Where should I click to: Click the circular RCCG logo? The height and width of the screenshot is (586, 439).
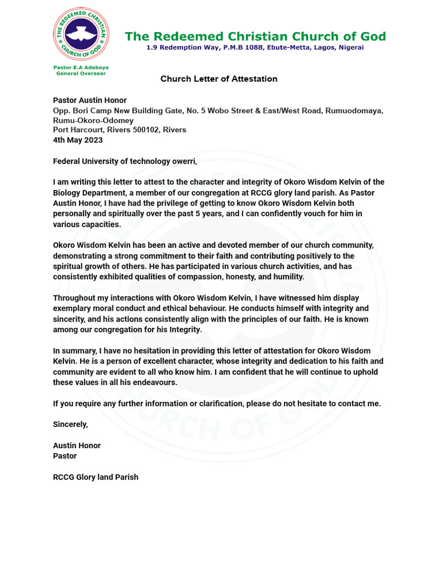point(81,34)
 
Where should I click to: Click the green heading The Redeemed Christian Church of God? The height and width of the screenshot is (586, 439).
point(255,37)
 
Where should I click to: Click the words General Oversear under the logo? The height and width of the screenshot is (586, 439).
point(81,73)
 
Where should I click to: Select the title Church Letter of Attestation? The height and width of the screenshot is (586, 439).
point(219,79)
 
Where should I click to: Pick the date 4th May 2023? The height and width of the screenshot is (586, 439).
point(78,140)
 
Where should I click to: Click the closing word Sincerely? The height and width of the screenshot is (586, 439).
point(71,425)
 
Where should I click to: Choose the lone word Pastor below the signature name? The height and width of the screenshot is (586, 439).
point(65,456)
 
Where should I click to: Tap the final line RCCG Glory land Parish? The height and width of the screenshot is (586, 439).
point(95,477)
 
